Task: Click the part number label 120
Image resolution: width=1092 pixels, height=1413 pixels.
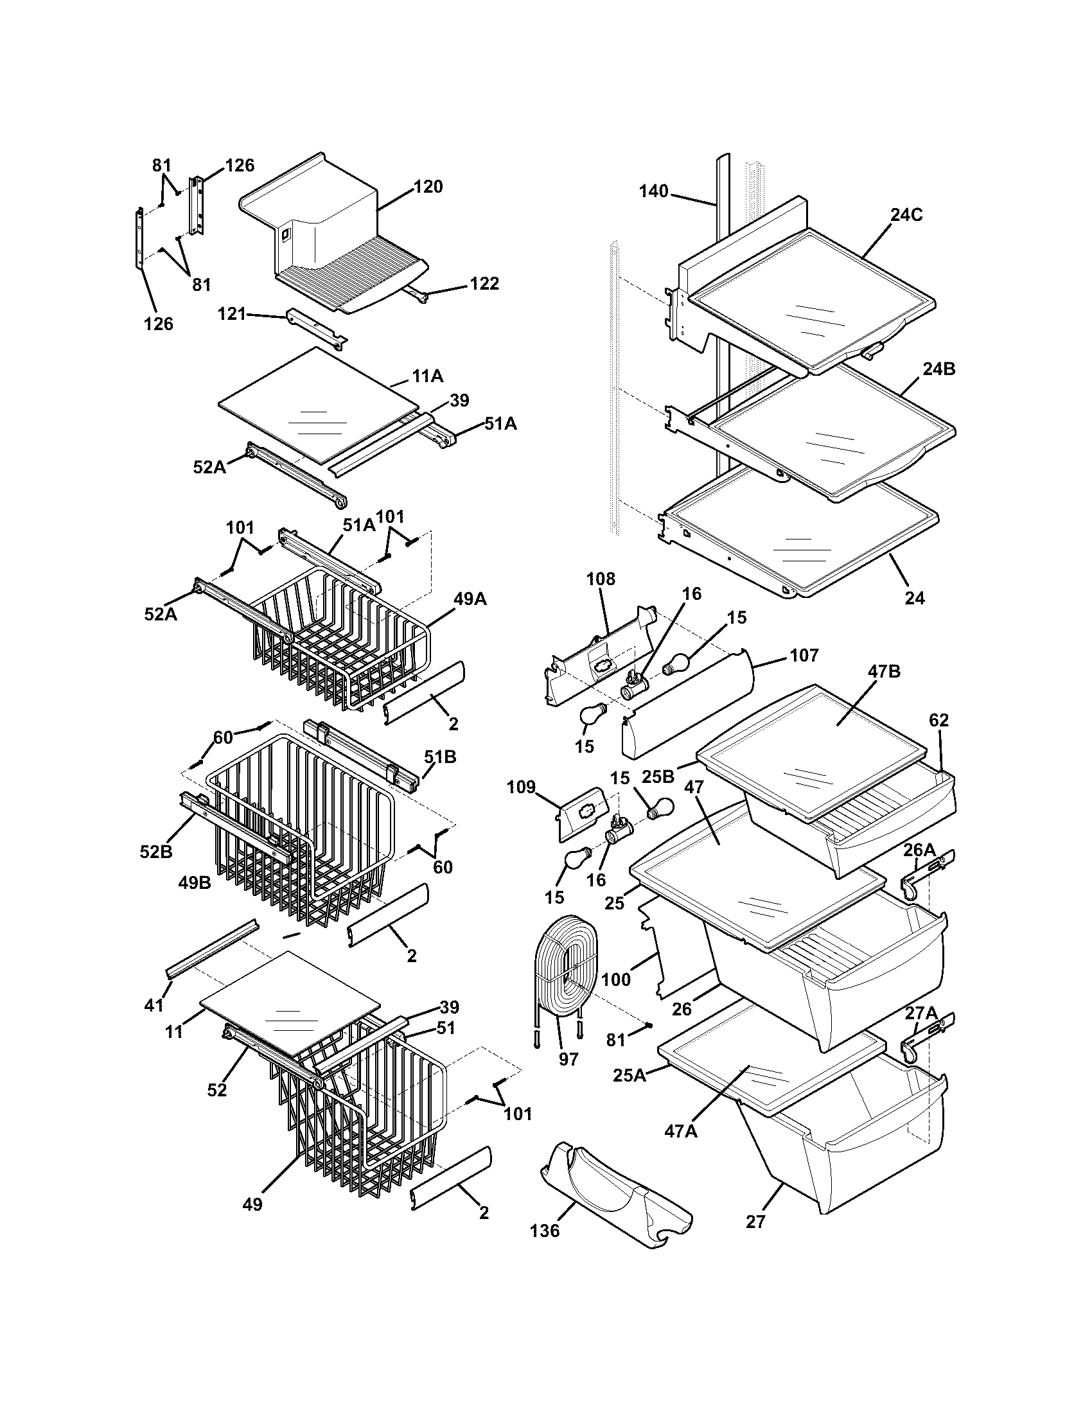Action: pyautogui.click(x=428, y=187)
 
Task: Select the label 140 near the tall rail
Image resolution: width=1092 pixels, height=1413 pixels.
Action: pyautogui.click(x=653, y=191)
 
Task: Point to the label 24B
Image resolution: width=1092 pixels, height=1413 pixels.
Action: pyautogui.click(x=938, y=369)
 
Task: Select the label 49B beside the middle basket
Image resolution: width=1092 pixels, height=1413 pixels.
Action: pyautogui.click(x=195, y=882)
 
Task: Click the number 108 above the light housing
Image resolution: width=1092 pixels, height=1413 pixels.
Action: pyautogui.click(x=601, y=579)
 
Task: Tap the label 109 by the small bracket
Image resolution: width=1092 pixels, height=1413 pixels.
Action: pyautogui.click(x=522, y=787)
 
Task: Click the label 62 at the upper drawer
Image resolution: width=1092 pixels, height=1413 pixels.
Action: pyautogui.click(x=938, y=720)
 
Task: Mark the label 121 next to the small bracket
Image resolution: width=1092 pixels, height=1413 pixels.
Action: pyautogui.click(x=232, y=315)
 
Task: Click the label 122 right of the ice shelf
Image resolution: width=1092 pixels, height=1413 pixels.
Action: pyautogui.click(x=484, y=283)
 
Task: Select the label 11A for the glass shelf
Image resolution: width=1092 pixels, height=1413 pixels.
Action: pyautogui.click(x=427, y=375)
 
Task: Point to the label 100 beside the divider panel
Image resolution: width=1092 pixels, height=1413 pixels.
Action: pyautogui.click(x=615, y=979)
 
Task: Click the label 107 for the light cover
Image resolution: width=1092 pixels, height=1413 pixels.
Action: pyautogui.click(x=804, y=655)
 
